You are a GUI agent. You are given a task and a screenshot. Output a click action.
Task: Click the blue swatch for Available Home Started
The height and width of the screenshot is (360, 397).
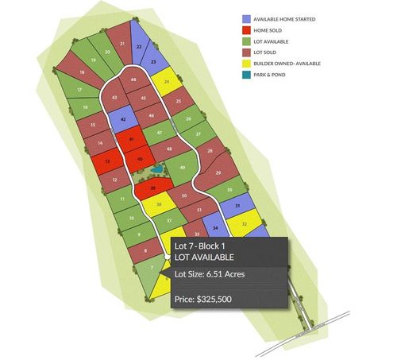tap(247, 17)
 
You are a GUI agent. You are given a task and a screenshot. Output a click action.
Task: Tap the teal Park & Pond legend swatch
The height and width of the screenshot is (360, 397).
tap(247, 74)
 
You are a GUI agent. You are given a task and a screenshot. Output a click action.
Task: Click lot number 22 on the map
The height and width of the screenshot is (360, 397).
tap(140, 48)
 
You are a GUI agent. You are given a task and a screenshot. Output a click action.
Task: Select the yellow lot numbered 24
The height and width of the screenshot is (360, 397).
tap(167, 82)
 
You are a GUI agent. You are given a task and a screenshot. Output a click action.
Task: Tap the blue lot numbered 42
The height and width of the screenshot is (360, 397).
tap(124, 120)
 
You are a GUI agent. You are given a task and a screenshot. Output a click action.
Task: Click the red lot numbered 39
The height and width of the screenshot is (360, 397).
tap(152, 188)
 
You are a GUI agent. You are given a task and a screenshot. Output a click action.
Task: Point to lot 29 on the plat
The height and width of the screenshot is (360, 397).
tap(218, 172)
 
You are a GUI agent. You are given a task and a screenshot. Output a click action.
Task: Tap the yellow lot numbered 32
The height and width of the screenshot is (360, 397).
tap(245, 225)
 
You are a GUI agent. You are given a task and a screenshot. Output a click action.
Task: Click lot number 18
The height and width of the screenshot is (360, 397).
tap(82, 72)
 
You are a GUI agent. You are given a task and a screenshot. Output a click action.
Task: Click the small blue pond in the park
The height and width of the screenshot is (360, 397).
tap(157, 169)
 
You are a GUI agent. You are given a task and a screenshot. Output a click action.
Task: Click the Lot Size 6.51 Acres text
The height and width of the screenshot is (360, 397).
tap(210, 275)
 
